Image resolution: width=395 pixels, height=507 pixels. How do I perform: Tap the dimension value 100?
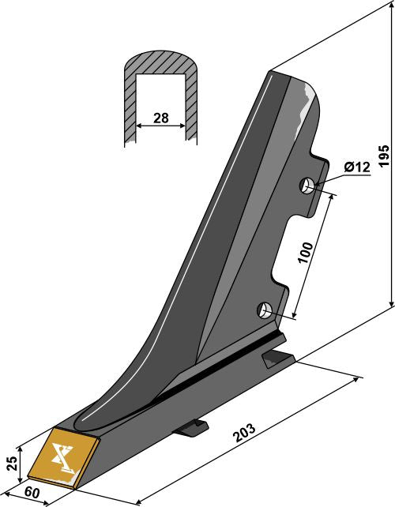pyautogui.click(x=307, y=252)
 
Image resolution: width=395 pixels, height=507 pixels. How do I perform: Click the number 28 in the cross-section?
pyautogui.click(x=161, y=118)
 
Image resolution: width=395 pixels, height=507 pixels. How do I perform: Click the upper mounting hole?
pyautogui.click(x=307, y=186)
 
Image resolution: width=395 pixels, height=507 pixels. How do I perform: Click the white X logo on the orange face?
pyautogui.click(x=62, y=458)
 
